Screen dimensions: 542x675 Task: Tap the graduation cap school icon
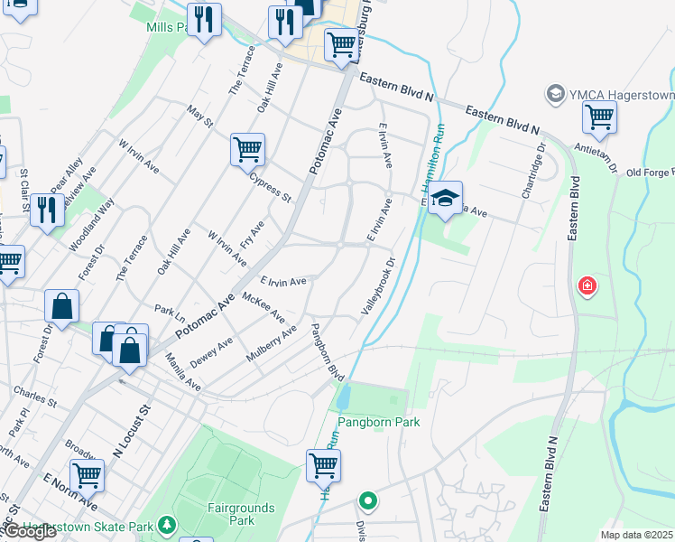tap(445, 198)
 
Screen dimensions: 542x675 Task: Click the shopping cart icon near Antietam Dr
tap(599, 117)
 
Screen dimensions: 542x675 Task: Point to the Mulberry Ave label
tap(272, 344)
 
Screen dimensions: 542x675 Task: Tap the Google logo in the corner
tap(30, 532)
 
